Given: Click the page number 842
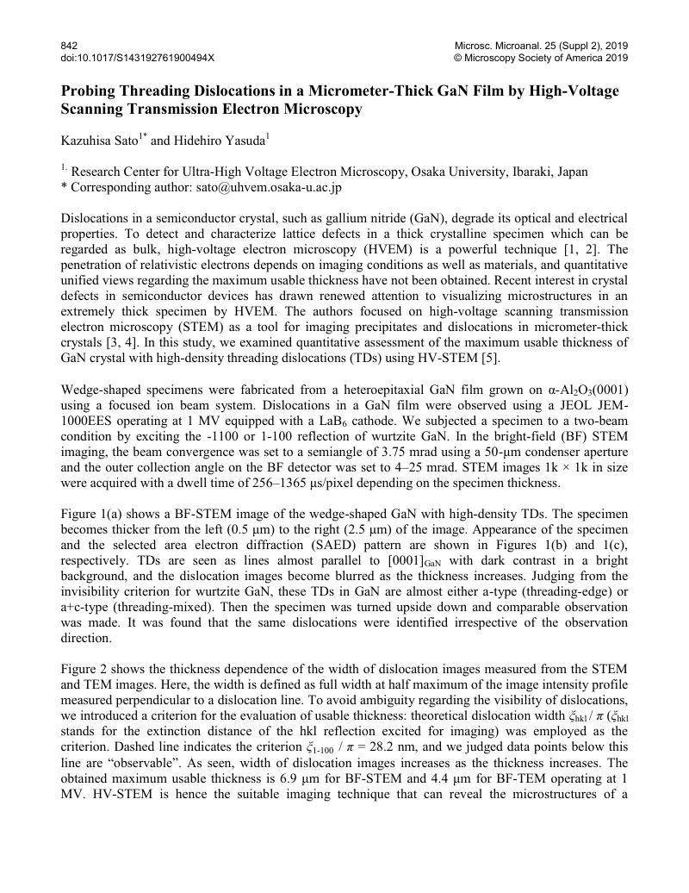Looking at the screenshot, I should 69,45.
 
